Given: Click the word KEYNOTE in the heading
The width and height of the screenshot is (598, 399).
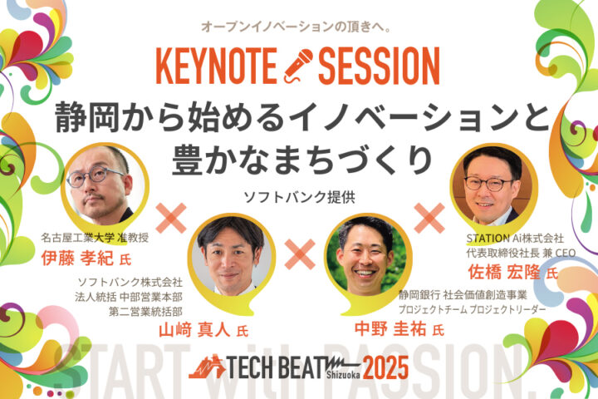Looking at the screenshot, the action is point(216,66).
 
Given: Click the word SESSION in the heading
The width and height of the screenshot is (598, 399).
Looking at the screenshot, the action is point(379,66).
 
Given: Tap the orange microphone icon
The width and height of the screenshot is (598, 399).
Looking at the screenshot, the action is point(298,66).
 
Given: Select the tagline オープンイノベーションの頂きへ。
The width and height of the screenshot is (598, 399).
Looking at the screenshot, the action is point(297,27).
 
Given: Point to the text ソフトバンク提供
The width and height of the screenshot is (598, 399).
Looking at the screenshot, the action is point(299,197).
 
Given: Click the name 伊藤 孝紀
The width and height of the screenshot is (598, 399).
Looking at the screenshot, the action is point(77,259).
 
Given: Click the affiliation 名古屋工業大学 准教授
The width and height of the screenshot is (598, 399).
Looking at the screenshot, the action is point(95,238).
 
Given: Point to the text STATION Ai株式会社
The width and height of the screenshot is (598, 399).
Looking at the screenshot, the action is point(515,239).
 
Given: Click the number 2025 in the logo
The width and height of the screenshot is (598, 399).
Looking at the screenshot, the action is point(385,367).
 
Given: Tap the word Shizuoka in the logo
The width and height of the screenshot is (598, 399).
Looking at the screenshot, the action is point(343,375).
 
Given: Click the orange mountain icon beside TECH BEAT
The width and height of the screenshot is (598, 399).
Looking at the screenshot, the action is point(207,367).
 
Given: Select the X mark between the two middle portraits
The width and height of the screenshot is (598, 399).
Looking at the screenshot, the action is point(300,254).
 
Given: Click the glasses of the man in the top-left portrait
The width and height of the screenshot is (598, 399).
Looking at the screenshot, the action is point(96,176).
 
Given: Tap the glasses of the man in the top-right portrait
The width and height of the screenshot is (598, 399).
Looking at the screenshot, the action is point(489,184).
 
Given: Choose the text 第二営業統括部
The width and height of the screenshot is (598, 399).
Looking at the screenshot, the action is point(145,312).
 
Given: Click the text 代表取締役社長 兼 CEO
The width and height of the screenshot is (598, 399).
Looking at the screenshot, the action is point(521,253).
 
